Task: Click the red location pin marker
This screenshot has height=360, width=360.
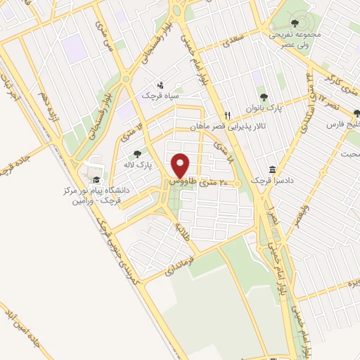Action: pos(181,165)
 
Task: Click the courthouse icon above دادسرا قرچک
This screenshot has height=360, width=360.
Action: pos(272,172)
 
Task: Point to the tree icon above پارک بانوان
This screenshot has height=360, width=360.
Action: pos(264,98)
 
